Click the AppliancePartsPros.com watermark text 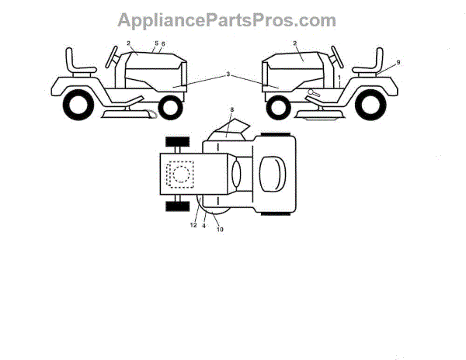pos(226,20)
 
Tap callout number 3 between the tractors pos(228,74)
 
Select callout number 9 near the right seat pos(398,61)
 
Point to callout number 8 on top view pos(231,112)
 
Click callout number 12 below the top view pos(193,226)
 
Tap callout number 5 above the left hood pos(156,43)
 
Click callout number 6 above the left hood pos(164,43)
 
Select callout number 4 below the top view pos(204,227)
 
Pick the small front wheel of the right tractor pos(277,107)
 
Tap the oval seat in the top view pos(273,172)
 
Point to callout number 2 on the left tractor pos(127,43)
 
